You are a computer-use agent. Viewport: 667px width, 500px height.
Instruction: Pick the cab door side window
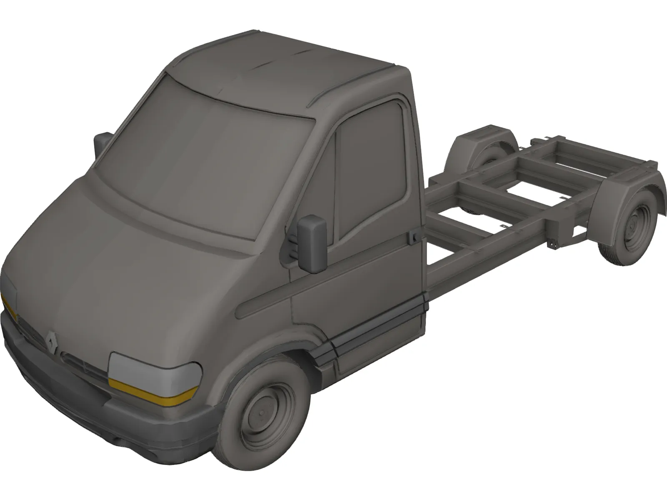point(371,167)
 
